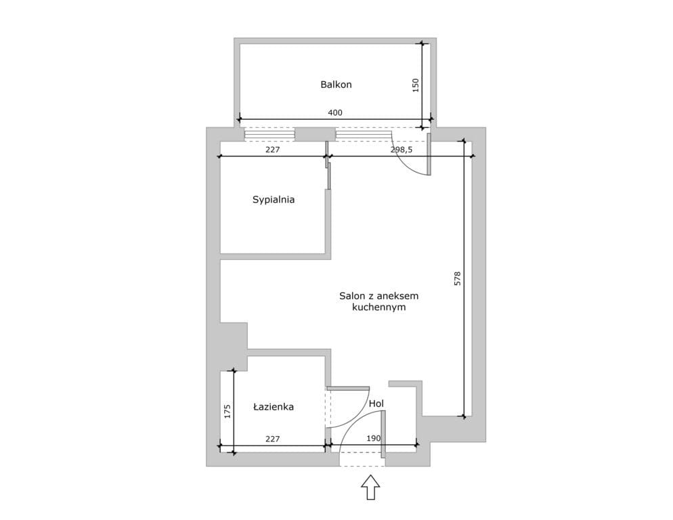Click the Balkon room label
(x=336, y=85)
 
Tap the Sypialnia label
(x=274, y=200)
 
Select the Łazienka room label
(x=274, y=407)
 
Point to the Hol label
(x=376, y=404)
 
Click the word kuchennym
(x=379, y=307)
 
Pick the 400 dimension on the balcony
(x=335, y=113)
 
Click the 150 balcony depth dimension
(x=415, y=85)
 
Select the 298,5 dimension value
(x=401, y=150)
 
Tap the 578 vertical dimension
(x=457, y=279)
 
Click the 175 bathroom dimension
(x=227, y=411)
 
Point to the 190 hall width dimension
(x=374, y=439)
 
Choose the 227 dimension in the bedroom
(x=273, y=150)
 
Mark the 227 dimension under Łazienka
(x=273, y=439)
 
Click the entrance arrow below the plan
(x=370, y=487)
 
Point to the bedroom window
(x=269, y=135)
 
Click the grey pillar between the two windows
(x=316, y=135)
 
